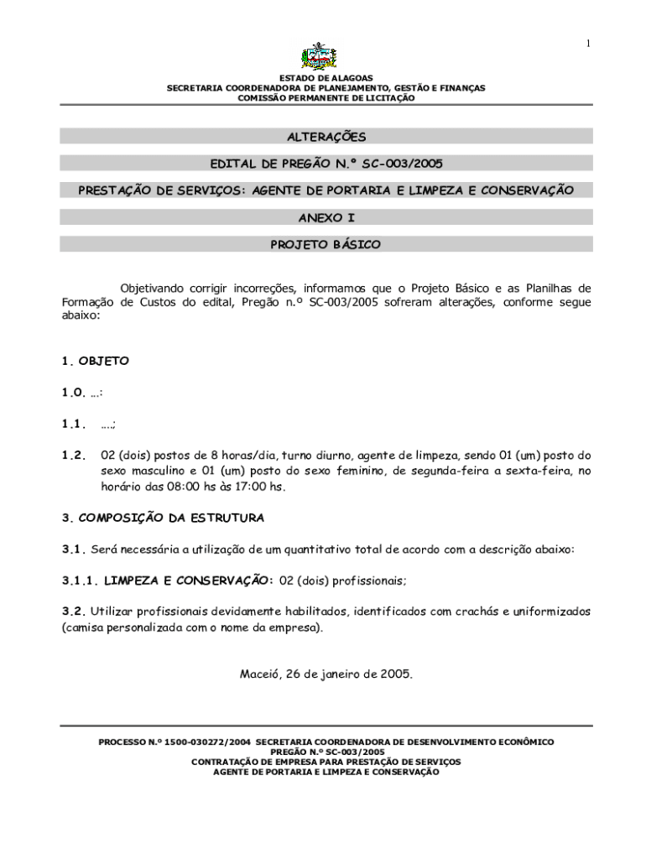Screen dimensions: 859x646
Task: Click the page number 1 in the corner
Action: (588, 44)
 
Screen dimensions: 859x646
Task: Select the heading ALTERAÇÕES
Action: (326, 137)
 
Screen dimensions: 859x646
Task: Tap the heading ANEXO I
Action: (326, 217)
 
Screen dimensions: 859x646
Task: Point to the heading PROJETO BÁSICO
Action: (326, 245)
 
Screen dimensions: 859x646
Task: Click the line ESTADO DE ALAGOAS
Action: (326, 78)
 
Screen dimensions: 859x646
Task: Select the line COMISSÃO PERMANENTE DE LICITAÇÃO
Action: (326, 98)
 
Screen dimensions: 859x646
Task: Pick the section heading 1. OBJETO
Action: (96, 361)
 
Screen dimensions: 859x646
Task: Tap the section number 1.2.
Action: (74, 455)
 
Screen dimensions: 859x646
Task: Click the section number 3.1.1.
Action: (80, 580)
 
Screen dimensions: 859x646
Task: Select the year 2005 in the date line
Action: (397, 673)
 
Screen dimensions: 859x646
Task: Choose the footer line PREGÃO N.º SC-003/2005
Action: (326, 752)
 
